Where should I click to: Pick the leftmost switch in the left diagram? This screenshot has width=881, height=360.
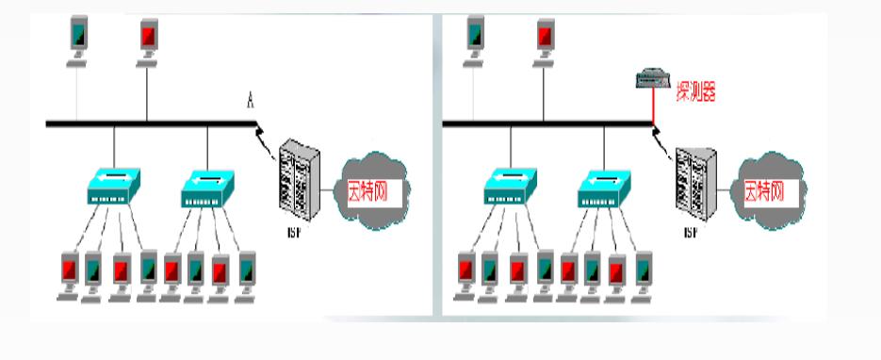[x=113, y=188]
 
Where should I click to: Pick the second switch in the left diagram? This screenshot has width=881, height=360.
[x=208, y=188]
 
